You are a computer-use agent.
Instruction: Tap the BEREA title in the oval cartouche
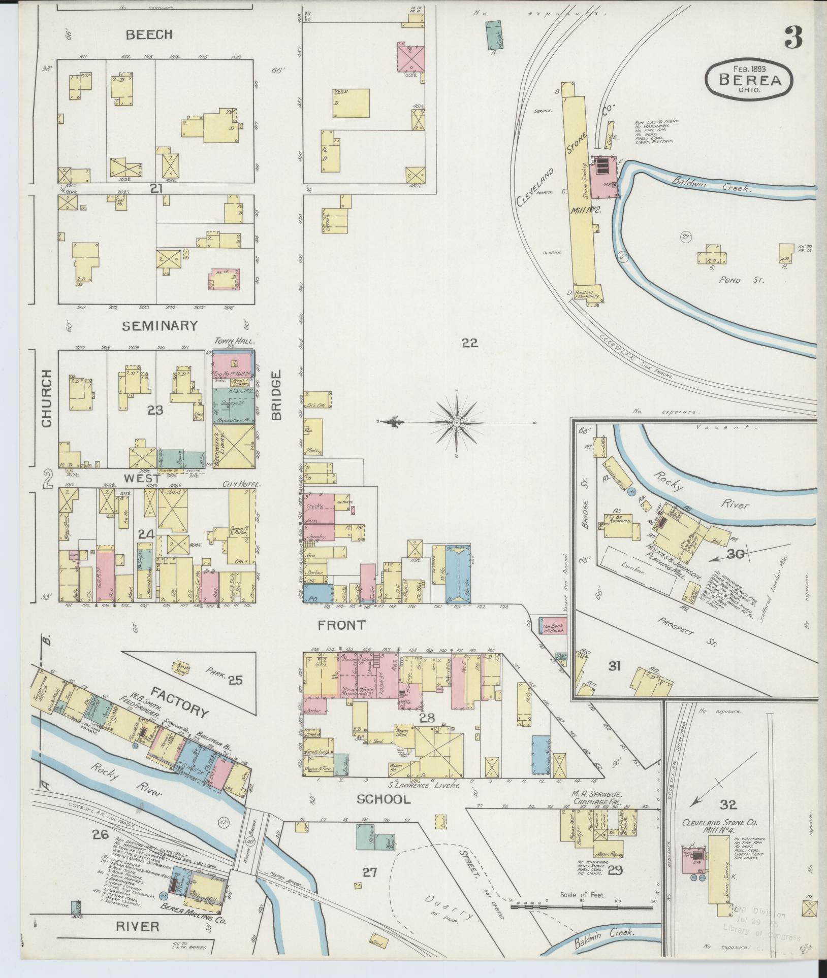pos(749,79)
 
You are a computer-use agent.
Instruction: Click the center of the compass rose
pos(457,422)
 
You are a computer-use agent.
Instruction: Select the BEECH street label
pos(149,35)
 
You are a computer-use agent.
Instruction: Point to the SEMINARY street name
pos(160,326)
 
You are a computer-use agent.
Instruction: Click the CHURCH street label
pos(46,398)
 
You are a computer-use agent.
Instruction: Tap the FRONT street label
pos(341,625)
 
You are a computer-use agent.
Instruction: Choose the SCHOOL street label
pos(383,799)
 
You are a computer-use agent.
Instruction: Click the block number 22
pos(469,343)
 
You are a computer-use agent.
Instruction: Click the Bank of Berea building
pos(551,628)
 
